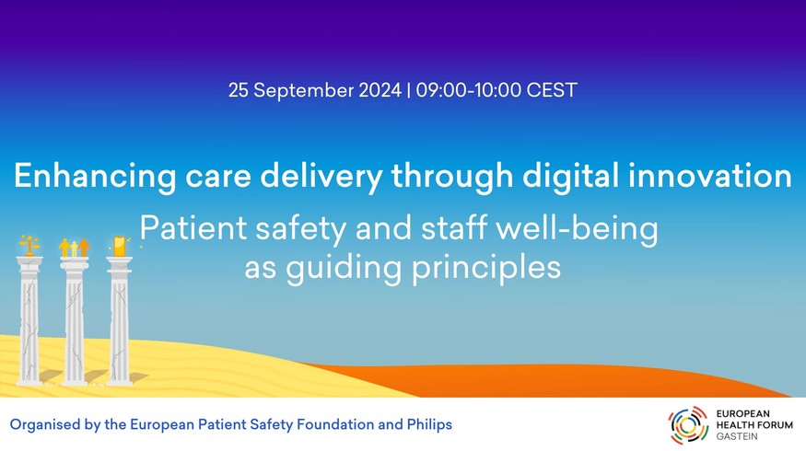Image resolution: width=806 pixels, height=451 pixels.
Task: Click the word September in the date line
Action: pyautogui.click(x=303, y=90)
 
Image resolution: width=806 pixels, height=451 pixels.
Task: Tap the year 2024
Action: pyautogui.click(x=380, y=90)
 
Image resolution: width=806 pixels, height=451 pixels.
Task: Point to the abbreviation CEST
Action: pyautogui.click(x=552, y=90)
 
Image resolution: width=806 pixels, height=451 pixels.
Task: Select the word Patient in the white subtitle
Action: pyautogui.click(x=193, y=227)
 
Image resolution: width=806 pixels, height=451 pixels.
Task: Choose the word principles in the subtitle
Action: pyautogui.click(x=485, y=268)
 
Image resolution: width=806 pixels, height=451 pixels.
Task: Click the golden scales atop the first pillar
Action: pyautogui.click(x=29, y=245)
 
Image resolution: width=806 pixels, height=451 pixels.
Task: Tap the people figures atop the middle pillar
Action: pyautogui.click(x=69, y=248)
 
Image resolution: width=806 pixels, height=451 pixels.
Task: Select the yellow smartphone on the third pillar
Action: pyautogui.click(x=119, y=246)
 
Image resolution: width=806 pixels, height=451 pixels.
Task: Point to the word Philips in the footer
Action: pyautogui.click(x=429, y=425)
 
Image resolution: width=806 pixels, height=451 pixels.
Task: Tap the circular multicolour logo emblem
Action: pyautogui.click(x=688, y=425)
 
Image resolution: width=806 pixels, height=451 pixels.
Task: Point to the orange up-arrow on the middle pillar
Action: pyautogui.click(x=84, y=247)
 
